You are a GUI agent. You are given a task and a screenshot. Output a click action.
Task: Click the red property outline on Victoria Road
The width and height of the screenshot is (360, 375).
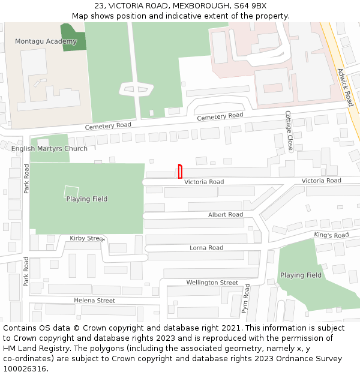[x=180, y=172]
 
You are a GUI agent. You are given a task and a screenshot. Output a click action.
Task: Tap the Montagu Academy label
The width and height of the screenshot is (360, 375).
[x=46, y=41]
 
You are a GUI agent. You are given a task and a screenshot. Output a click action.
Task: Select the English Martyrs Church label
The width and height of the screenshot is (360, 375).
[x=49, y=148]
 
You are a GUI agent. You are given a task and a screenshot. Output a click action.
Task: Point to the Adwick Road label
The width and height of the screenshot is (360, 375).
[x=345, y=87]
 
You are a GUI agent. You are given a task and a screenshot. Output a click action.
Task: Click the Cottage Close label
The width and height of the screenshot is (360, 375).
[x=289, y=130]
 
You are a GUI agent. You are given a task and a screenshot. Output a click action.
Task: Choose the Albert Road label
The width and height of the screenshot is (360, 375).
[x=226, y=214]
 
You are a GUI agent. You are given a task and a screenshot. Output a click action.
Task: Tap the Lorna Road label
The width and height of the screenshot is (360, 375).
[x=206, y=247]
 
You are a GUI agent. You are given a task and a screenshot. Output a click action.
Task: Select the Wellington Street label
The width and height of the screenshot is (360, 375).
[x=212, y=282]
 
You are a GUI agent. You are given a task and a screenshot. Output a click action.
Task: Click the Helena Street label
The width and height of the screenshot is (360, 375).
[x=94, y=300]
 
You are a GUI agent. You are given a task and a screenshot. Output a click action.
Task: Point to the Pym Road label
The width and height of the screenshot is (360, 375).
[x=245, y=299]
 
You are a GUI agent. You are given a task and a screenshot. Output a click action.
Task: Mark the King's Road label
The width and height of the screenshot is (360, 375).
[x=331, y=235]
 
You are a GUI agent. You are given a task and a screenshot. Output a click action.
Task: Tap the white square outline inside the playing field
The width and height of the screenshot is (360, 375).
[x=71, y=192]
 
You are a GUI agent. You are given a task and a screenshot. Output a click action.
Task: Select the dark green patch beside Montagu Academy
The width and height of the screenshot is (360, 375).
[x=73, y=37]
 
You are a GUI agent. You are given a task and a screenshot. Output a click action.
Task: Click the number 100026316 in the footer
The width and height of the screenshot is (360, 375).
[x=25, y=368]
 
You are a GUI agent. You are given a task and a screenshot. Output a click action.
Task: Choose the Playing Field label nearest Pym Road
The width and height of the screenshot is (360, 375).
[x=301, y=275]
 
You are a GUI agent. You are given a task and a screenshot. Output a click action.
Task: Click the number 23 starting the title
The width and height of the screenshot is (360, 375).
[x=99, y=5]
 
